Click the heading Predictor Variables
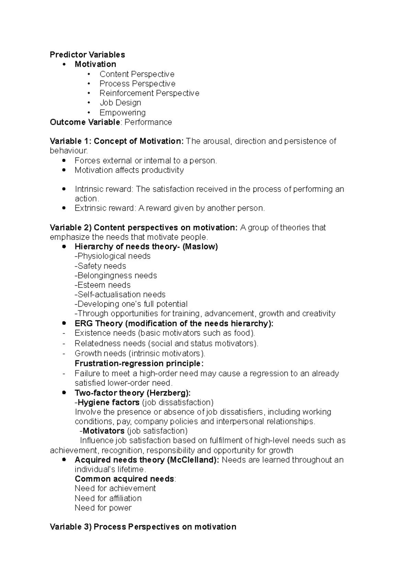tap(87, 55)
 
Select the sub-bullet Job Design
tap(120, 103)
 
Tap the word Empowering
tap(123, 112)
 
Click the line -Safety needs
tap(100, 266)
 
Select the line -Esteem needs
tap(103, 285)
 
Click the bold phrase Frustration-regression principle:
tap(139, 364)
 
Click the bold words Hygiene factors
tap(108, 402)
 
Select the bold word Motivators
tap(103, 431)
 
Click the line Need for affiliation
tap(108, 498)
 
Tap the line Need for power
tap(103, 508)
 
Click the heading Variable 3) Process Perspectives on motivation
tap(143, 527)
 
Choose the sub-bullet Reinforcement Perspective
tap(149, 93)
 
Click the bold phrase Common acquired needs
tap(124, 479)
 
